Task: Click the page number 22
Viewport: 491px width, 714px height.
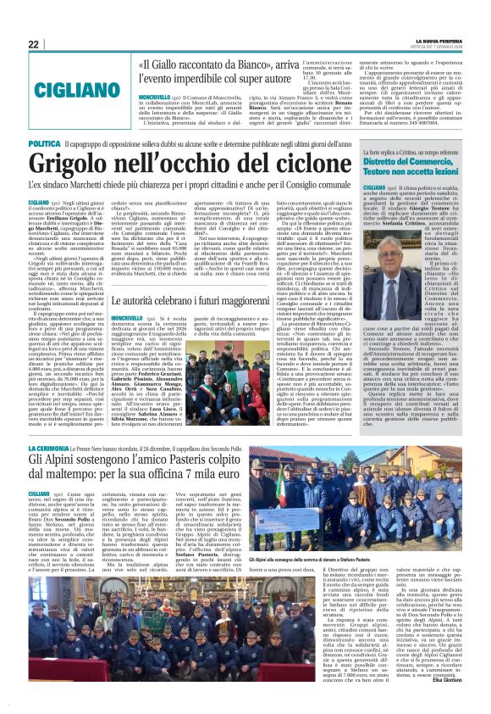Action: point(34,44)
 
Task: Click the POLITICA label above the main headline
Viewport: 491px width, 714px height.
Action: point(44,144)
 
